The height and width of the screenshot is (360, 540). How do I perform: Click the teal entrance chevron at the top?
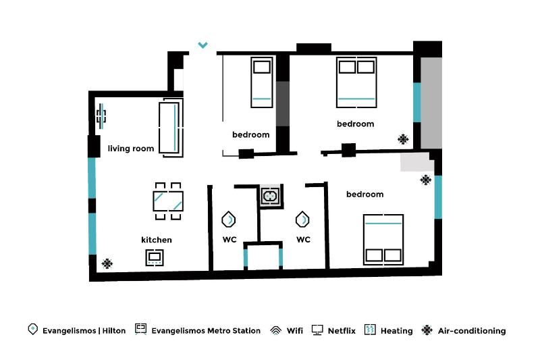[x=202, y=46]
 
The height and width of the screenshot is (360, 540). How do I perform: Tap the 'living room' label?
[x=131, y=149]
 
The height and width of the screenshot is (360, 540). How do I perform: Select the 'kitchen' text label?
[x=156, y=240]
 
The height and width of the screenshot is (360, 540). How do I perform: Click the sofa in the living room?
[x=171, y=127]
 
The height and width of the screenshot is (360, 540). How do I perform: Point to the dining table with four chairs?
[x=168, y=201]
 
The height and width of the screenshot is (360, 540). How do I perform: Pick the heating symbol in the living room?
[x=101, y=115]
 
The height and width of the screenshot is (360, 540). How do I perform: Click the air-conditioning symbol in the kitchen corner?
[x=107, y=263]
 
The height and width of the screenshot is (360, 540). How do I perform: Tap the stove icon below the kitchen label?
[x=155, y=257]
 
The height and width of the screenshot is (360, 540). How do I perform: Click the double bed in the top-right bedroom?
[x=356, y=82]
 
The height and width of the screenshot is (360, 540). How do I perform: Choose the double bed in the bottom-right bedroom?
[x=383, y=239]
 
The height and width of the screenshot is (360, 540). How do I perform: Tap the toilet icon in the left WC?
[x=229, y=220]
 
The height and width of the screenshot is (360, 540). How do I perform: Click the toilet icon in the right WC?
[x=302, y=220]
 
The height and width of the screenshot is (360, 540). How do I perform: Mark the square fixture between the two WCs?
[x=271, y=196]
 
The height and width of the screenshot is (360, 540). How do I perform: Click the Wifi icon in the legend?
[x=275, y=330]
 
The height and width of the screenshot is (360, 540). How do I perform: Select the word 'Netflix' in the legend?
[x=342, y=331]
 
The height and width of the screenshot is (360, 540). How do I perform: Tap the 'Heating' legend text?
[x=396, y=331]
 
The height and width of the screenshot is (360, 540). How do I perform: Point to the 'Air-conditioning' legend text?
[x=472, y=331]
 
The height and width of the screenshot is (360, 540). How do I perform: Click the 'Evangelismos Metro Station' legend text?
[x=206, y=331]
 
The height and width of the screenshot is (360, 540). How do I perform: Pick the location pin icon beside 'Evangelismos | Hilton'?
[x=32, y=330]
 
